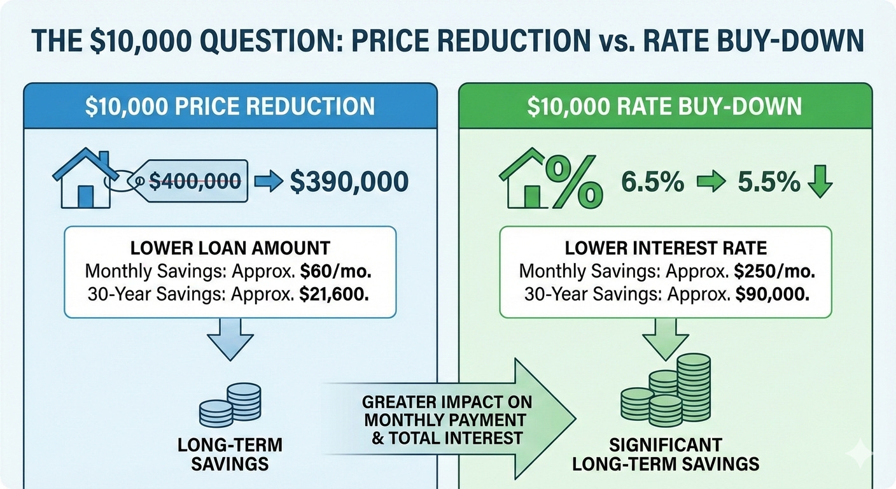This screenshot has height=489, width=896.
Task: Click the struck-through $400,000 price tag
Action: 194,181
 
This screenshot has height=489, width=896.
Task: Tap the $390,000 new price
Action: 349,181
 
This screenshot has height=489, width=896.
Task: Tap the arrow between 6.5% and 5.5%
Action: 711,183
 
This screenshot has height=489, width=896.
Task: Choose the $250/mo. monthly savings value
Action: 773,271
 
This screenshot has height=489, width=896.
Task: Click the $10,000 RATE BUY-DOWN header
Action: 664,106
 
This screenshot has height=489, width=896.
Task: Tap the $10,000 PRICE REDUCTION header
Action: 230,106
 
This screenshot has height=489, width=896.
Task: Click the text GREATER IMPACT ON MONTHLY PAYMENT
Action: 447,411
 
